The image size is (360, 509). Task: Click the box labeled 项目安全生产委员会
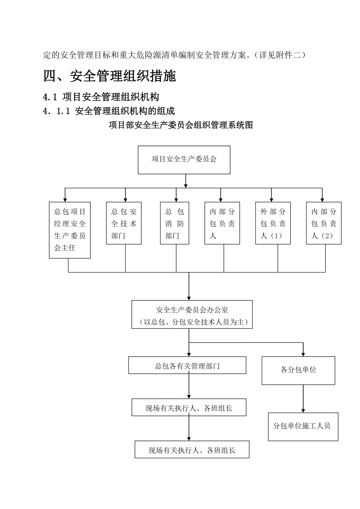coord(184,160)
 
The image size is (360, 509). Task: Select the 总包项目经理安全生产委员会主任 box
coord(70,230)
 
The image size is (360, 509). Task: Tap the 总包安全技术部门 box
coord(124,223)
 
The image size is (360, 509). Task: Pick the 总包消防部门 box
coord(175,223)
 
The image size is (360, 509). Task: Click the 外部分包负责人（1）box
coord(273,223)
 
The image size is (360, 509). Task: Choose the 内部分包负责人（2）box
coord(324,223)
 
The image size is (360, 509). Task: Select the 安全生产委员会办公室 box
coord(192,310)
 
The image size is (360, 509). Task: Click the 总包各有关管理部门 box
coord(187,366)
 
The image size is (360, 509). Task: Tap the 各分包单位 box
coord(298,370)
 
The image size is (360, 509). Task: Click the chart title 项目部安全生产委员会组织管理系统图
coord(180,125)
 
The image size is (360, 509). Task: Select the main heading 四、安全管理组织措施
coord(110,76)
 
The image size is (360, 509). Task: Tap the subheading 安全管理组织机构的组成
coord(124,111)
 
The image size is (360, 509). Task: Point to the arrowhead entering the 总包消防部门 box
coord(176,199)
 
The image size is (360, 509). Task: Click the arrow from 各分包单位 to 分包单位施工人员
coord(302,399)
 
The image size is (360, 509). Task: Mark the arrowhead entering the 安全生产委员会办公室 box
coord(189,298)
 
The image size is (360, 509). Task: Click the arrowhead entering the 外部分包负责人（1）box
coord(271,199)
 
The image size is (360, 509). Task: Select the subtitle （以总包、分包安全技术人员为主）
coord(192,323)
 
